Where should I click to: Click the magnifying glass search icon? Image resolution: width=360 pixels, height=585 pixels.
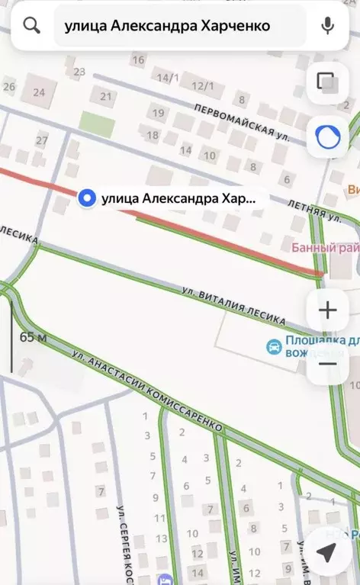click(31, 26)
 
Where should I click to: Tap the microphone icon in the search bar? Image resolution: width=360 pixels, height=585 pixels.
click(328, 26)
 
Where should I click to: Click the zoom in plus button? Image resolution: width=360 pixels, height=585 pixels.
click(327, 310)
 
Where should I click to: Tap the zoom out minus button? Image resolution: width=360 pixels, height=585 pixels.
click(327, 363)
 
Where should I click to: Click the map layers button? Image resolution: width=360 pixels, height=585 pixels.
click(327, 82)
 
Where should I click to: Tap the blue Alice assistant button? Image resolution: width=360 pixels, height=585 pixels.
click(327, 137)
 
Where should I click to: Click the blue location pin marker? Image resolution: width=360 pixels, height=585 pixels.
click(88, 198)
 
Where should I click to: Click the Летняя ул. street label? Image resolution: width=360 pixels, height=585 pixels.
click(314, 210)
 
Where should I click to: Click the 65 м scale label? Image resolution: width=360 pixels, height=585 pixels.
click(33, 337)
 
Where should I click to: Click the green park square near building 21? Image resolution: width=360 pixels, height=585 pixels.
click(97, 124)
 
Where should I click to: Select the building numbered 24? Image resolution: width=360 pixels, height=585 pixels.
click(39, 93)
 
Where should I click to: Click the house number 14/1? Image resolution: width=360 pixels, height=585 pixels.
click(167, 78)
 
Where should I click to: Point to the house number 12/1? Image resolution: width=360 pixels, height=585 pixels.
click(202, 86)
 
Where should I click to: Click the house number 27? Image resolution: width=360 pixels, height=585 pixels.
click(42, 140)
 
